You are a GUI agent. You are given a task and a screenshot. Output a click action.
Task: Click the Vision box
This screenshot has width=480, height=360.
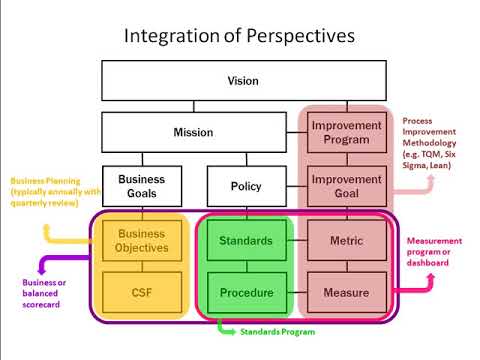coord(243,80)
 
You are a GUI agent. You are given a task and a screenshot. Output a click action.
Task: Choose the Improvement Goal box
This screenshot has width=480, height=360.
coord(346,186)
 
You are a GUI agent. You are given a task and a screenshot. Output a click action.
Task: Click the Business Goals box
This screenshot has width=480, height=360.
coord(142,186)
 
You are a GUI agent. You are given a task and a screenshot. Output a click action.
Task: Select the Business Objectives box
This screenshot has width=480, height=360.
coord(142,241)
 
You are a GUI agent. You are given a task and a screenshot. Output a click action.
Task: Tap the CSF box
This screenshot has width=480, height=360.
coord(142,293)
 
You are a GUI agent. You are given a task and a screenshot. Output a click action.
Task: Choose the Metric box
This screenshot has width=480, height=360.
coord(346,241)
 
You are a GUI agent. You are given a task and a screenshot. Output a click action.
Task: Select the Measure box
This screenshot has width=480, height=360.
coord(346,293)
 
